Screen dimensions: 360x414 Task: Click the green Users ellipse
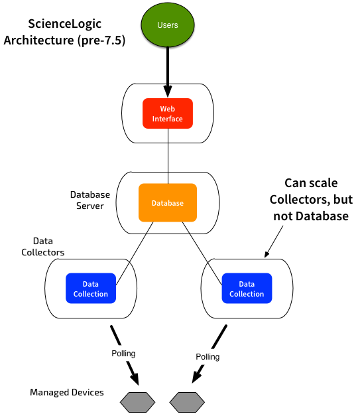coord(168,25)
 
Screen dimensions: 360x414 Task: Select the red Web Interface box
coord(168,113)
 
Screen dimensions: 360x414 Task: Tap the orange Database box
coord(168,203)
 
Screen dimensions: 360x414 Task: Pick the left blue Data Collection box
coord(91,289)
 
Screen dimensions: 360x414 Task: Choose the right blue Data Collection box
coord(247,289)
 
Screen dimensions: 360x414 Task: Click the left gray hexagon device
coord(137,402)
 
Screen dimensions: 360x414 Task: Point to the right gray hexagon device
coord(187,402)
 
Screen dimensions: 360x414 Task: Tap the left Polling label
coord(123,354)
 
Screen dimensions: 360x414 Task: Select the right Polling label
coord(208,357)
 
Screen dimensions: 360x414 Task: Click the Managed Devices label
coord(67,392)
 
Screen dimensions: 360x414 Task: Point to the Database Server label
coord(90,200)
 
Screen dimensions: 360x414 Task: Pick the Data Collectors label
coord(43,247)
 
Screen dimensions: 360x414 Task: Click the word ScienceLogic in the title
coord(65,24)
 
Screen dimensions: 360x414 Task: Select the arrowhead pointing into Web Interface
coord(168,91)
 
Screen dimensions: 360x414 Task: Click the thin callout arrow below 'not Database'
coord(274,241)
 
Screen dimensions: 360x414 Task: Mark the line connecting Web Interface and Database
coord(168,156)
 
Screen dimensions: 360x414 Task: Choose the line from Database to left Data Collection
coord(135,253)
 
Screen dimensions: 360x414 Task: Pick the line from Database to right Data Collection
coord(202,253)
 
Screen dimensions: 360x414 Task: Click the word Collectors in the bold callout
coord(299,200)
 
